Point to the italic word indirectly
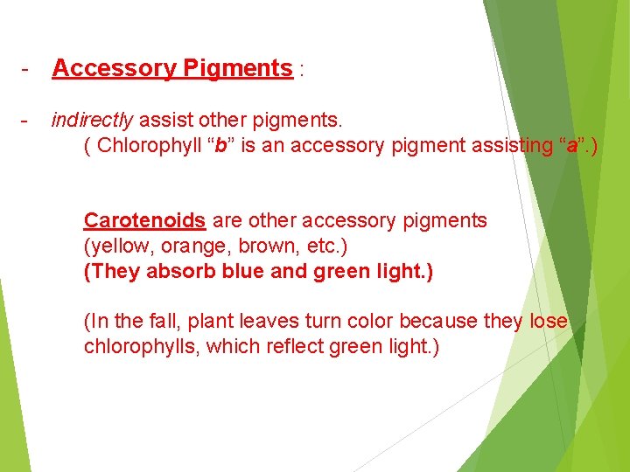pos(93,120)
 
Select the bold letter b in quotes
pos(221,145)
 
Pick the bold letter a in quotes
pos(571,145)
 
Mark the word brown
pos(255,246)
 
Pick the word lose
pos(548,322)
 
